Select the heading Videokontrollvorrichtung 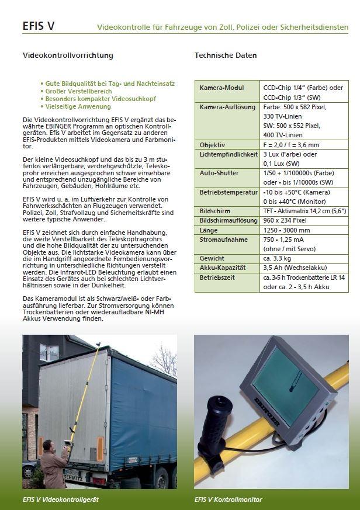tap(67, 55)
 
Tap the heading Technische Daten tap(225, 55)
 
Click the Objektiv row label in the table tap(212, 144)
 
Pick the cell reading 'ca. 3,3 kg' tap(278, 258)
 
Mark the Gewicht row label tap(212, 258)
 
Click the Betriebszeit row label tap(217, 277)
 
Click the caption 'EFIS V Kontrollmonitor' tap(228, 499)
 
